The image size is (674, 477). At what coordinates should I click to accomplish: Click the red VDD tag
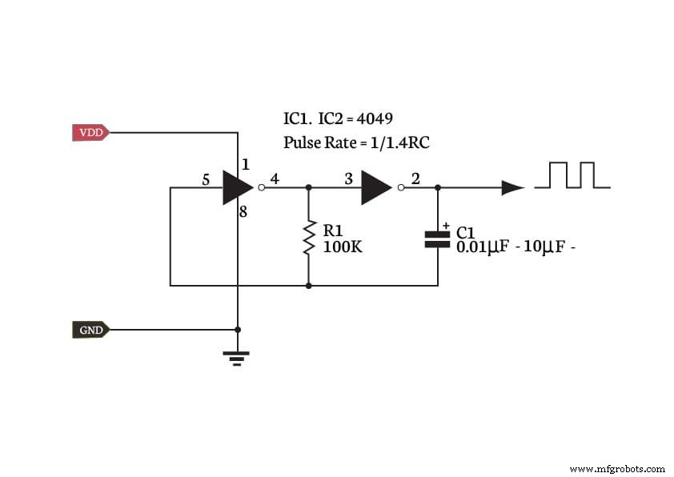tap(90, 133)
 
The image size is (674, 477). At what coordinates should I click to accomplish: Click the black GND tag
tap(90, 330)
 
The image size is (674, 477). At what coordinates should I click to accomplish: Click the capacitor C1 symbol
tap(437, 238)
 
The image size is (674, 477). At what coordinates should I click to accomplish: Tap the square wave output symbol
tap(572, 175)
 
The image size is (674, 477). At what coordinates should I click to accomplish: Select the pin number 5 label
tap(206, 180)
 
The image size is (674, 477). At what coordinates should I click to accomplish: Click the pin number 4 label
tap(275, 179)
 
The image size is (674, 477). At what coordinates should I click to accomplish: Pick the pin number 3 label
tap(348, 179)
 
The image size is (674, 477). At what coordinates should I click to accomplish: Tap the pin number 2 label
tap(415, 179)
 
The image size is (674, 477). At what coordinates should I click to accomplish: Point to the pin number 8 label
tap(243, 213)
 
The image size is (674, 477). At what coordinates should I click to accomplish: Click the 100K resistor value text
tap(342, 247)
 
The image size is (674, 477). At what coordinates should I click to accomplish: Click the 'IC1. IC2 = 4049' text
tap(338, 119)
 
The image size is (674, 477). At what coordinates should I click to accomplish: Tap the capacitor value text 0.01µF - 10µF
tap(516, 247)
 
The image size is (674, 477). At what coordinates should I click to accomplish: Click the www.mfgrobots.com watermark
tap(616, 468)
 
